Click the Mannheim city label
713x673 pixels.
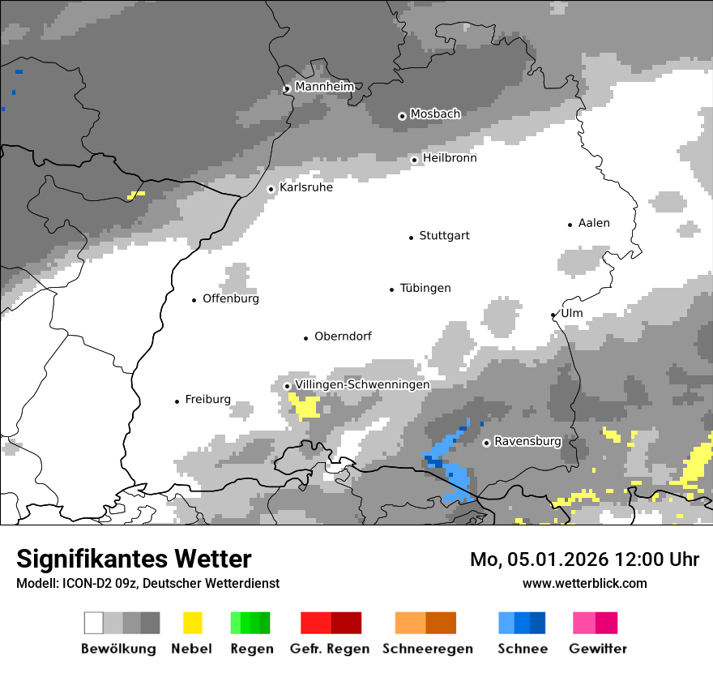tap(324, 87)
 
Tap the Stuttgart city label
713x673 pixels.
tap(444, 236)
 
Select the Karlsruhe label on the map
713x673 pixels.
tap(305, 187)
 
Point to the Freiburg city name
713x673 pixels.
tap(207, 400)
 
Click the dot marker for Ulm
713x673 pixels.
tap(553, 315)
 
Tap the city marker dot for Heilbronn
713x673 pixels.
tap(414, 160)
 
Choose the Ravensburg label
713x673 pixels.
tap(527, 442)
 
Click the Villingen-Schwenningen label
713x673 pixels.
tap(362, 384)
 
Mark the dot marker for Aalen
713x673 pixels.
tap(570, 225)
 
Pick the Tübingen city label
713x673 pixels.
tap(425, 288)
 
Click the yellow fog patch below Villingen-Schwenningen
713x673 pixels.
tap(307, 405)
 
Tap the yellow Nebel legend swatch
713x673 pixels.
tap(192, 623)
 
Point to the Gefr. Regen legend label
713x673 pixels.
tap(330, 649)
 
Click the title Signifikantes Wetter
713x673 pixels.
tap(134, 559)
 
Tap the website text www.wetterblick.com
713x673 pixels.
tap(584, 583)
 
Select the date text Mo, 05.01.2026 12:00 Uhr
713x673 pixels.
tap(584, 559)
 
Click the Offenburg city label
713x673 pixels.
tap(230, 298)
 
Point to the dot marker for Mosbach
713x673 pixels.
tap(402, 116)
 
